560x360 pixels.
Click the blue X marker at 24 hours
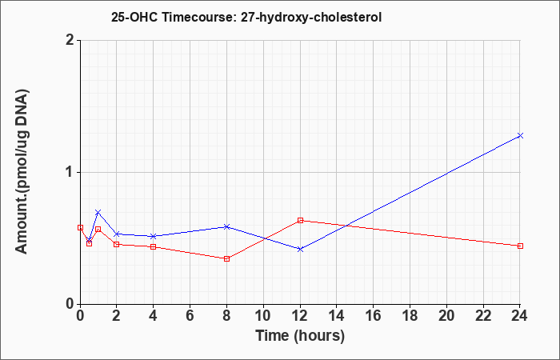tap(520, 135)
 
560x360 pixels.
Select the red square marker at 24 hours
tap(520, 246)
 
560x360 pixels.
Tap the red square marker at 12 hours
tap(300, 220)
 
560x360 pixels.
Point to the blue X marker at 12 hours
tap(300, 249)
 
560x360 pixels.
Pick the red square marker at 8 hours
tap(226, 258)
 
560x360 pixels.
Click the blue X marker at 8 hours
tap(226, 226)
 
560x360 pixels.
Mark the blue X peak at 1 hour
tap(98, 212)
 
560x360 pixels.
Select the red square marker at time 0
tap(80, 227)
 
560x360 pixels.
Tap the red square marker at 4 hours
tap(154, 246)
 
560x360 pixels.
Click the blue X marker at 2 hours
tap(117, 234)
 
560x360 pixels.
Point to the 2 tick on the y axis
tap(70, 40)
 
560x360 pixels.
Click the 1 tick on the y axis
tap(70, 172)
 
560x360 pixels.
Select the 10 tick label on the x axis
tap(263, 316)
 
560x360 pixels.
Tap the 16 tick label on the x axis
tap(374, 316)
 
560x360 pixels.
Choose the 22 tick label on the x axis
tap(483, 316)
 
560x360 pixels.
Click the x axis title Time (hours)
tap(300, 336)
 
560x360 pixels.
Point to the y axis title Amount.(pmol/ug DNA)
tap(22, 171)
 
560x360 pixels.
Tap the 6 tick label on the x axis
tap(190, 316)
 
